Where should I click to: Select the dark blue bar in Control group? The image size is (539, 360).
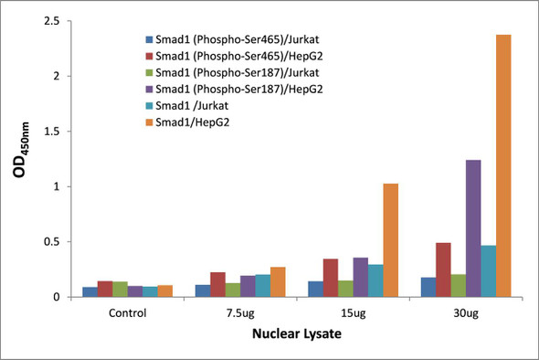(90, 291)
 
